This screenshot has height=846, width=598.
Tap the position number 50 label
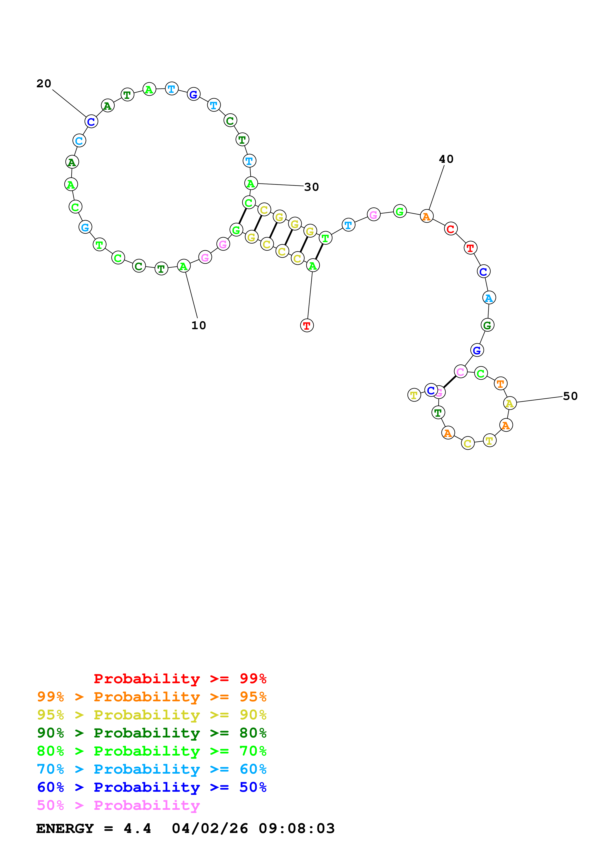coord(570,396)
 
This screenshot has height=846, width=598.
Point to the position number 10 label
coord(199,325)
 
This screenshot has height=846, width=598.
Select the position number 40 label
coord(446,159)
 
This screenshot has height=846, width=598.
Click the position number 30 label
coord(311,187)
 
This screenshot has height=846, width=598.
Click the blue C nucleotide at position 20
coord(91,122)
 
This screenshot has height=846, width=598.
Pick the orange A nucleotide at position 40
coord(426,216)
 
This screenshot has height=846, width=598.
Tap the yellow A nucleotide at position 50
coord(509,403)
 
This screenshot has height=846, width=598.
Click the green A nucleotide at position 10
coord(184,266)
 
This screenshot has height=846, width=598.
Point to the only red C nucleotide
coord(450,229)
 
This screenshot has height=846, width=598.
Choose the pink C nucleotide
coord(460,372)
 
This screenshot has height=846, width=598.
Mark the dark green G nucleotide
coord(487,325)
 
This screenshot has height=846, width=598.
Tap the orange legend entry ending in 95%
coord(151,696)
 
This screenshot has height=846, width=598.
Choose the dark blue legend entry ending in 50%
coord(151,787)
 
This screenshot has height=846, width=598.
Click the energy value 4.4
coord(137,828)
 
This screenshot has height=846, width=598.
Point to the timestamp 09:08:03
coord(297,828)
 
